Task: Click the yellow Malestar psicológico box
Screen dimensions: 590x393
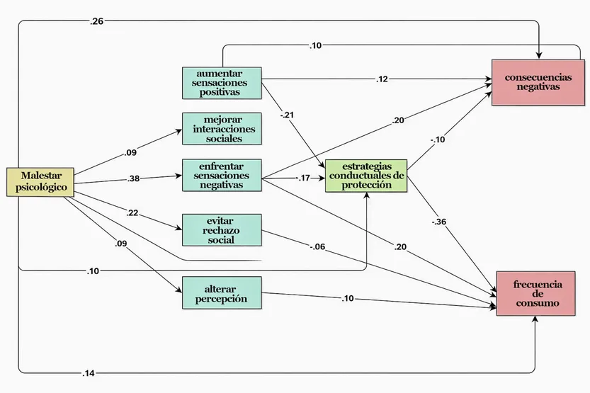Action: pos(40,182)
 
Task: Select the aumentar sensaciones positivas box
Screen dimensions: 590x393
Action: pos(222,83)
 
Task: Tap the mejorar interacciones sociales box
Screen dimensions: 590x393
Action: pos(222,129)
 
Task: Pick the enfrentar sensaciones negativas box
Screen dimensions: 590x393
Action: pos(222,175)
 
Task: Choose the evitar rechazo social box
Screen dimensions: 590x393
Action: pos(222,230)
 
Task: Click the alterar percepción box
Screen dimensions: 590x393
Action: pos(222,293)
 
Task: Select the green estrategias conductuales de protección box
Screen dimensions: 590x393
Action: pos(366,176)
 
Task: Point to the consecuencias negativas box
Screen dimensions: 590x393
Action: pos(538,82)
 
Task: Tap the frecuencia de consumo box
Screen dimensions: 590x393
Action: pos(535,294)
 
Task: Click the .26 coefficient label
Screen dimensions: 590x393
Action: pos(97,21)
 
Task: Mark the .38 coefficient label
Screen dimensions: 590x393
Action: pos(134,178)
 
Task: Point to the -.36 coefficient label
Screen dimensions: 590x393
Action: pos(439,222)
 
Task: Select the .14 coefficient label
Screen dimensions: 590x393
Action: pos(89,373)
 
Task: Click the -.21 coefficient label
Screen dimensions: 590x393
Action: pos(287,115)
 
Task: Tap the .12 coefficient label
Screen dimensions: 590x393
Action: pos(382,79)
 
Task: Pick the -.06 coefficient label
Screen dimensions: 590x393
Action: pos(317,247)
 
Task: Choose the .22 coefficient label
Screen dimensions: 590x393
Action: pos(132,213)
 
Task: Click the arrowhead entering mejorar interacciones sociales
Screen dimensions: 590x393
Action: pos(178,131)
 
